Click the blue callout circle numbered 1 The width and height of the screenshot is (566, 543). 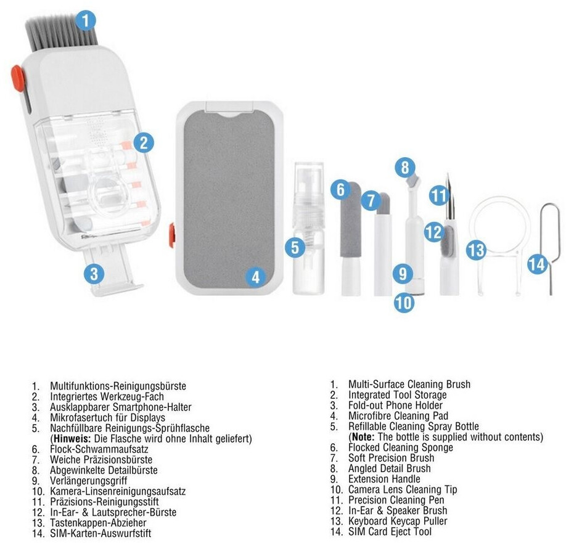click(x=86, y=20)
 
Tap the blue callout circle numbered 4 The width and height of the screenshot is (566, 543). click(x=256, y=277)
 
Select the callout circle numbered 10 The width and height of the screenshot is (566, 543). click(x=404, y=303)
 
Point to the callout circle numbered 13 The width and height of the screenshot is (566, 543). click(x=476, y=250)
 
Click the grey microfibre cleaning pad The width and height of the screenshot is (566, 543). click(x=229, y=200)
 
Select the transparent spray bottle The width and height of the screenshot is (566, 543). click(x=308, y=228)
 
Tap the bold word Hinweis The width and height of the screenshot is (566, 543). click(x=72, y=439)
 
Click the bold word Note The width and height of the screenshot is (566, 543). click(x=363, y=437)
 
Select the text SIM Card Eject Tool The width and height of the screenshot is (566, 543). click(x=390, y=531)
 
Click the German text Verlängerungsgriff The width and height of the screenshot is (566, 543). click(x=88, y=481)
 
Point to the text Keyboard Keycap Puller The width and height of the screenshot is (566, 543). click(x=398, y=521)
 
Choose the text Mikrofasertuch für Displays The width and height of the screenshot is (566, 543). click(x=107, y=418)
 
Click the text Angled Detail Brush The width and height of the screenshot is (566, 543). click(x=390, y=468)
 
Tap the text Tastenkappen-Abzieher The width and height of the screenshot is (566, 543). click(x=98, y=523)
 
